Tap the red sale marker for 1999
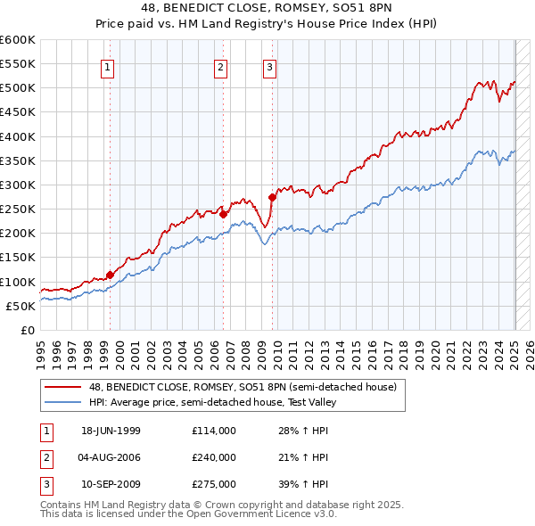(110, 275)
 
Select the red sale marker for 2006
(223, 214)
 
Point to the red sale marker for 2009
(272, 197)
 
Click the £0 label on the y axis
(28, 330)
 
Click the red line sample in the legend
(63, 386)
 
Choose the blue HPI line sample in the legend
(63, 401)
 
